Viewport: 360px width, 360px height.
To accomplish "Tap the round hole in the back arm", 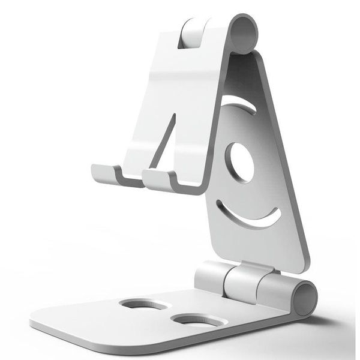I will click(239, 163).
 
